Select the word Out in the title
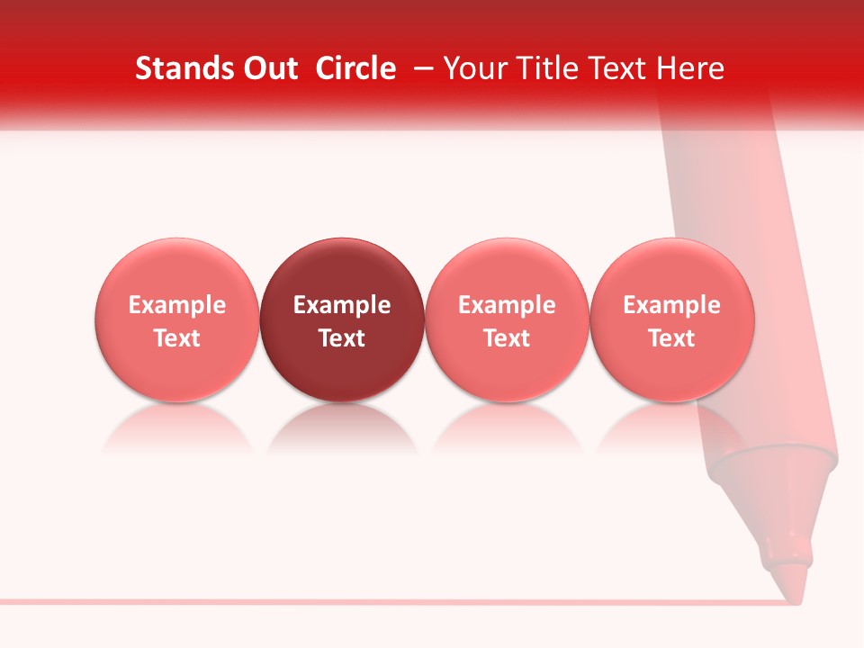pyautogui.click(x=267, y=68)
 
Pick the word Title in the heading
pyautogui.click(x=546, y=68)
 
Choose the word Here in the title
pyautogui.click(x=689, y=68)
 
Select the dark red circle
pyautogui.click(x=342, y=270)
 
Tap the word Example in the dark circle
pyautogui.click(x=342, y=305)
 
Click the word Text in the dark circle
pyautogui.click(x=342, y=338)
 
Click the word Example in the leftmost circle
pyautogui.click(x=177, y=305)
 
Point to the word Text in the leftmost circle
pyautogui.click(x=177, y=338)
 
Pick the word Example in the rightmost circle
pyautogui.click(x=672, y=305)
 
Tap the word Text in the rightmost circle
pyautogui.click(x=672, y=338)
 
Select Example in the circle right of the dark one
pyautogui.click(x=508, y=305)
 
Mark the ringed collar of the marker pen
pyautogui.click(x=774, y=468)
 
